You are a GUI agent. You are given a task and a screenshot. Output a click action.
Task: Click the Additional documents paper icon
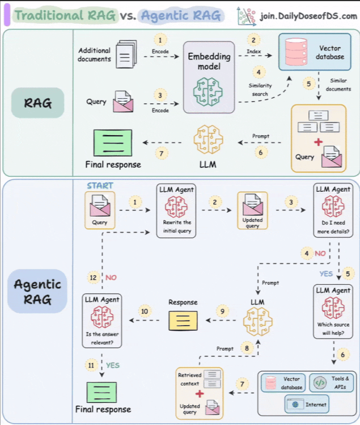click(126, 54)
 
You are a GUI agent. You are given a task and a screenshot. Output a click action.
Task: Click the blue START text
click(100, 186)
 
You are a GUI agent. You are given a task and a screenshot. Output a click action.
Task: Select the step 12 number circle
click(93, 277)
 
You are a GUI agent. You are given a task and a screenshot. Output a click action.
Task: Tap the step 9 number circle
click(222, 311)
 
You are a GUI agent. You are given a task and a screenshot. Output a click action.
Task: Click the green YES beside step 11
click(113, 365)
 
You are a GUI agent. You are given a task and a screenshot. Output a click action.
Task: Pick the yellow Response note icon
click(183, 321)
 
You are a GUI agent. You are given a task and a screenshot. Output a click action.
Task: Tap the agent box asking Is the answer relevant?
click(103, 321)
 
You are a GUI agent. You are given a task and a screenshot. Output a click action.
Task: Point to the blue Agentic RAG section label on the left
click(38, 292)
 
